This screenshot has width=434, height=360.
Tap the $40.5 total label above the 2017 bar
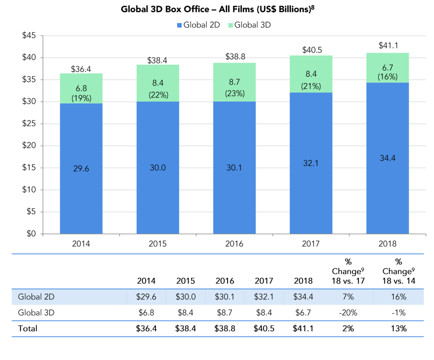[x=311, y=51]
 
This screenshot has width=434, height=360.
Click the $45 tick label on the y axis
[x=29, y=36]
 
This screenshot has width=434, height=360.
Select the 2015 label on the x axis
[x=158, y=244]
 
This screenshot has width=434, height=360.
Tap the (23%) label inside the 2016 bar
[x=234, y=94]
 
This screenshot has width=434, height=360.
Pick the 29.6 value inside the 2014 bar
[x=81, y=168]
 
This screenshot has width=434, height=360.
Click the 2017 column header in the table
[x=264, y=281]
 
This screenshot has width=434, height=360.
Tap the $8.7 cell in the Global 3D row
[x=225, y=313]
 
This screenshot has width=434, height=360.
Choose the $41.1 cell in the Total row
[x=303, y=329]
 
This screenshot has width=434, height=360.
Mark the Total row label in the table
[x=27, y=329]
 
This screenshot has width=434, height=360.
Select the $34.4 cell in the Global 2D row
[x=303, y=297]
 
